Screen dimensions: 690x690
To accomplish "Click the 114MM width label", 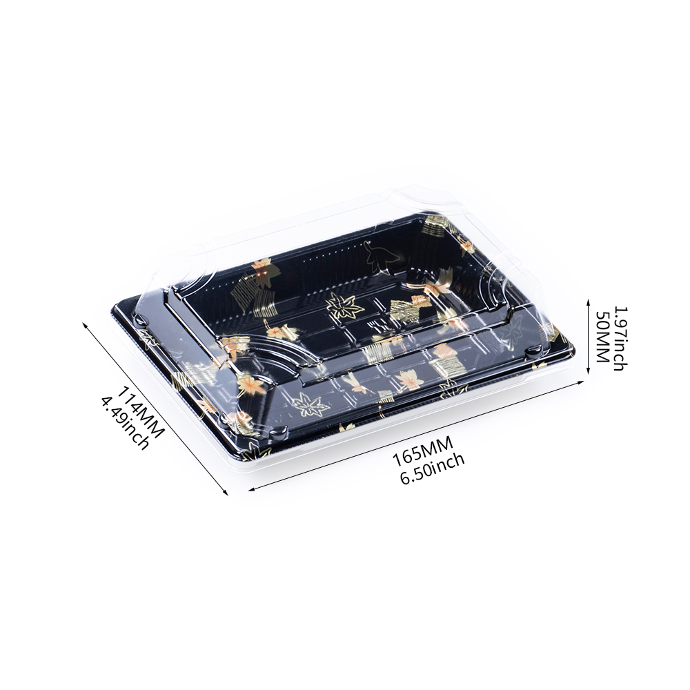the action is click(141, 411).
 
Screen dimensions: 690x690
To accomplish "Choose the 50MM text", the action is click(602, 337).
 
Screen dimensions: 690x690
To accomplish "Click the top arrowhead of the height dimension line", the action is click(588, 303).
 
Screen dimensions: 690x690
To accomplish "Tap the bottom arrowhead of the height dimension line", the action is click(588, 370).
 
